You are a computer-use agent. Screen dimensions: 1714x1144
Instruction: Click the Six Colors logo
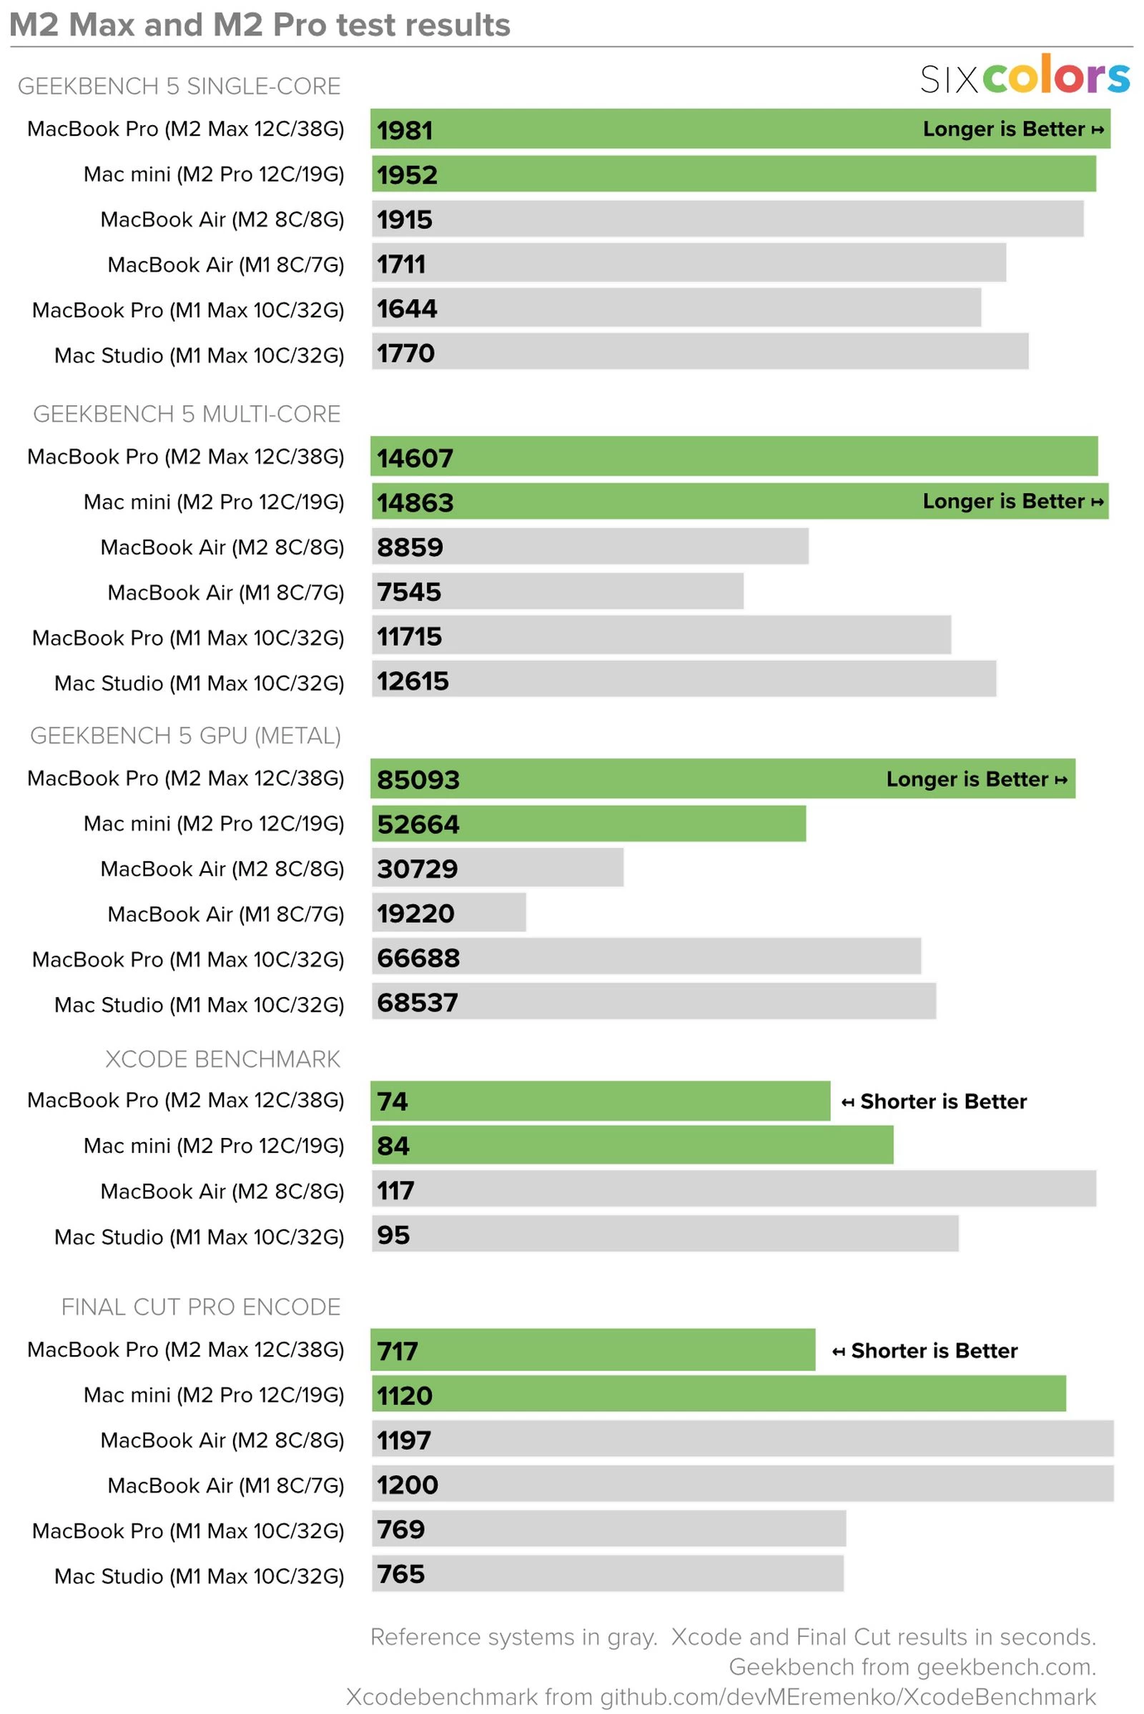[1025, 76]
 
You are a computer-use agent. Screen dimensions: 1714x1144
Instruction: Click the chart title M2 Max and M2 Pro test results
[259, 26]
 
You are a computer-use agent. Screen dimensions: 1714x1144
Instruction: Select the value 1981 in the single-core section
[405, 131]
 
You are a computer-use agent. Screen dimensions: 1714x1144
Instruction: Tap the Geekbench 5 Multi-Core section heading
[187, 414]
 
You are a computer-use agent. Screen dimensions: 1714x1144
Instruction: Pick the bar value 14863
[415, 502]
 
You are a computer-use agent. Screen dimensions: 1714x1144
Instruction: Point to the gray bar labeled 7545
[558, 592]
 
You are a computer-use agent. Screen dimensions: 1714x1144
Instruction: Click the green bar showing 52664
[588, 824]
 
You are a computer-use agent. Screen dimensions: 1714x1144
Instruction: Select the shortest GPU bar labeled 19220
[449, 913]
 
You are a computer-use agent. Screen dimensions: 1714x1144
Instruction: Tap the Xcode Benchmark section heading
[222, 1059]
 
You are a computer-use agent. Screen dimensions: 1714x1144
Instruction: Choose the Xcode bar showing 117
[734, 1190]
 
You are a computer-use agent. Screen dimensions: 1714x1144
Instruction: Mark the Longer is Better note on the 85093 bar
[976, 779]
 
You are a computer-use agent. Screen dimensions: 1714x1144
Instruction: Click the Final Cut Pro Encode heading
[201, 1307]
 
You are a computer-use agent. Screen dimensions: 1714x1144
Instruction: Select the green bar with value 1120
[719, 1395]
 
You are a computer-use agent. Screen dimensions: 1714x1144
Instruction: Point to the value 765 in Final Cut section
[400, 1573]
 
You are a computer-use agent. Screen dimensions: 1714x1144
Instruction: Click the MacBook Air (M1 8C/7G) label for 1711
[225, 264]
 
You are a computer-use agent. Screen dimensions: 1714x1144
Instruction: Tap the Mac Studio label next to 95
[199, 1237]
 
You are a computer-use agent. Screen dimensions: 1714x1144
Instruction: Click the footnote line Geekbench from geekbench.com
[912, 1667]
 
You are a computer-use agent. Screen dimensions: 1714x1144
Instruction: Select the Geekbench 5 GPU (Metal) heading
[185, 735]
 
